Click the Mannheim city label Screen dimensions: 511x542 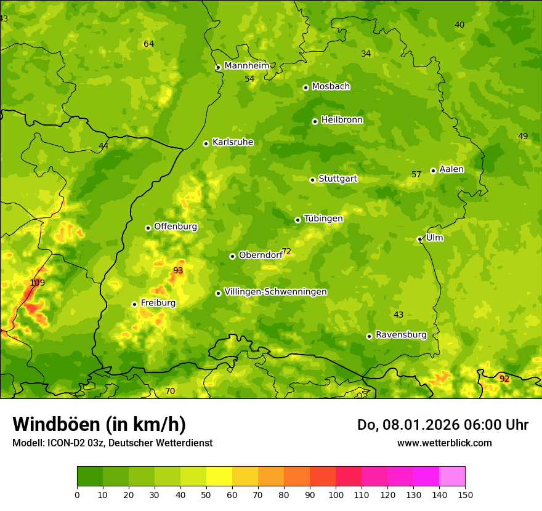246,66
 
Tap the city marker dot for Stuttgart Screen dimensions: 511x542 312,180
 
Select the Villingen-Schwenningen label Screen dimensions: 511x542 275,292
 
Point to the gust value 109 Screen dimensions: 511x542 38,283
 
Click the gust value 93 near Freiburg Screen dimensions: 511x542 178,270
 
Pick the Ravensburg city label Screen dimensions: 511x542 401,335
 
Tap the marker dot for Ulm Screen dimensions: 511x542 419,239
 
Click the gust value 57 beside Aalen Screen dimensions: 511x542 416,175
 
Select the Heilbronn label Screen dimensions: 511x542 342,120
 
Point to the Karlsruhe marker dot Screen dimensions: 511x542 206,143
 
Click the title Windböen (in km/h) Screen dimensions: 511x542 99,424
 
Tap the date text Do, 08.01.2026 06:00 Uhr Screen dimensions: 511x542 442,425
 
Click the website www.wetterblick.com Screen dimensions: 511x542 444,443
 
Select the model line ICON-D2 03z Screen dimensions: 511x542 112,443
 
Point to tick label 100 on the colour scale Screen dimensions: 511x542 336,495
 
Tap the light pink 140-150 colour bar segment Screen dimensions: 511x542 452,477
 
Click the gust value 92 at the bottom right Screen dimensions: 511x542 504,379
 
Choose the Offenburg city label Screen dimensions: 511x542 176,227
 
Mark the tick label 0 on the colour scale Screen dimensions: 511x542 77,495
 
